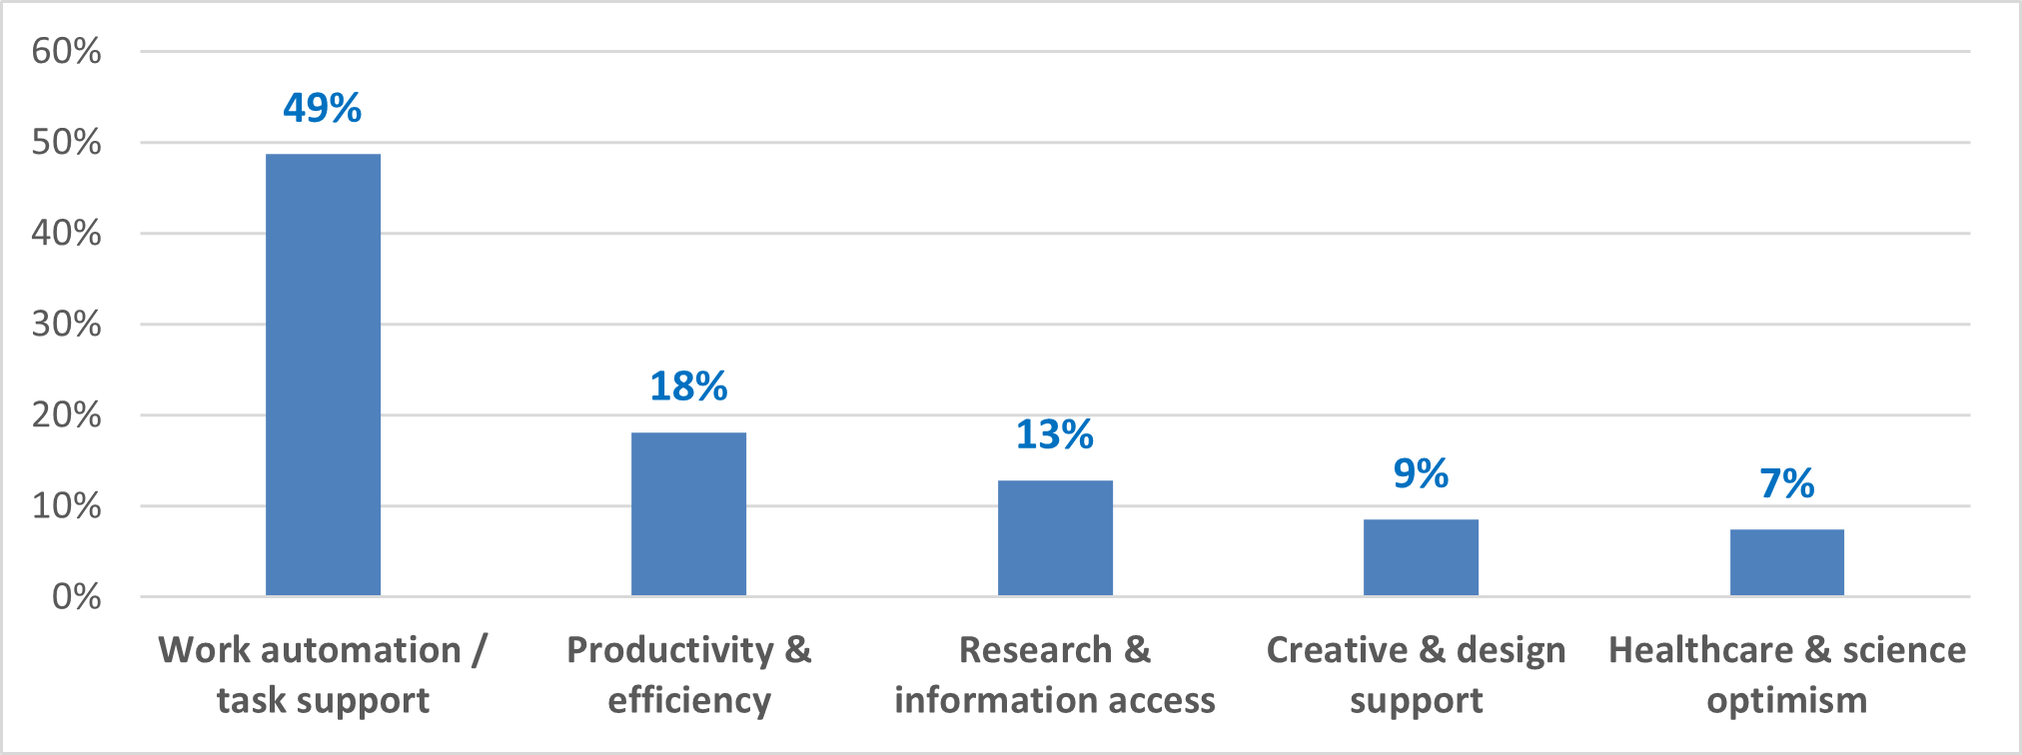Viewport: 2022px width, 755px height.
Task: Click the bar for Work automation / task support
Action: point(323,375)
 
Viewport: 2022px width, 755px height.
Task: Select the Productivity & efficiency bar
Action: point(688,514)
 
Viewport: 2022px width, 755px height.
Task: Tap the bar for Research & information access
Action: point(1055,538)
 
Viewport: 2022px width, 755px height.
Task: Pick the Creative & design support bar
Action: point(1421,557)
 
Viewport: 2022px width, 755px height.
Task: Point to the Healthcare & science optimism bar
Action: point(1786,562)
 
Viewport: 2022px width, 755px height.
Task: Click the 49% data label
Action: point(322,108)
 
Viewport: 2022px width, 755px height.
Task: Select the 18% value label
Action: point(688,386)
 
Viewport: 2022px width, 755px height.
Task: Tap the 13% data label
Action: point(1055,434)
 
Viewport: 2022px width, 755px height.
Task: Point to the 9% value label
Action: point(1421,473)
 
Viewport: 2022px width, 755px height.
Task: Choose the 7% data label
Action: point(1786,483)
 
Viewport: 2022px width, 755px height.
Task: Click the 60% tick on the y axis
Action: point(66,51)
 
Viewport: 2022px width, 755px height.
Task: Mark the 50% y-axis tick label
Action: point(66,142)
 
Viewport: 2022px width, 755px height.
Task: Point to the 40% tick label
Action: point(66,233)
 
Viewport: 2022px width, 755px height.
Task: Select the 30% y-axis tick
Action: point(66,324)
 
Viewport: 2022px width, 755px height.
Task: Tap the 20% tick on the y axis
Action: point(66,414)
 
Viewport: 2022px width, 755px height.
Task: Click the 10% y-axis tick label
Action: point(66,505)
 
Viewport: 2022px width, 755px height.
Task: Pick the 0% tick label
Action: point(76,597)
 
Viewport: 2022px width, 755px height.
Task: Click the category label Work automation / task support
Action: point(323,675)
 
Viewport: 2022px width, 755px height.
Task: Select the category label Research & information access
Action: point(1055,675)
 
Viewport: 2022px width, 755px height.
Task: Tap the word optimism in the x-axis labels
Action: point(1786,701)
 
